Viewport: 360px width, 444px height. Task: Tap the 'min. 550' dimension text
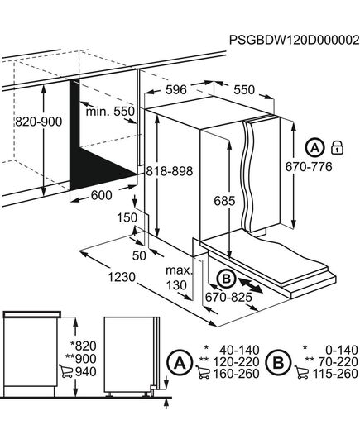click(x=108, y=110)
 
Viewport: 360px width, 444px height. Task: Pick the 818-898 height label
click(x=169, y=171)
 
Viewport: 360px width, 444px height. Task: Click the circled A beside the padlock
click(x=315, y=148)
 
